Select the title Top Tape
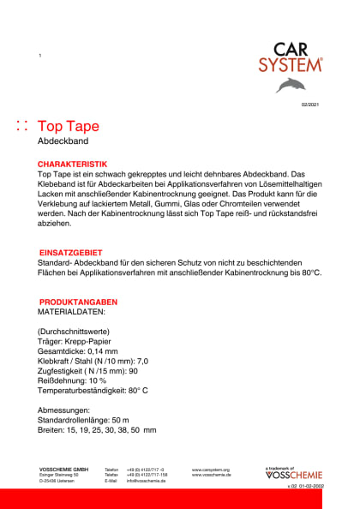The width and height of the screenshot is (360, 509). pyautogui.click(x=69, y=126)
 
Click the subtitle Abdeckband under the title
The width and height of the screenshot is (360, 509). pyautogui.click(x=63, y=141)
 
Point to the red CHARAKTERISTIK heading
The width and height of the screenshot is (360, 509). pyautogui.click(x=72, y=163)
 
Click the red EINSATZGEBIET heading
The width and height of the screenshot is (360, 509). pyautogui.click(x=72, y=254)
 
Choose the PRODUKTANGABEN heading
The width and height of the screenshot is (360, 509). pyautogui.click(x=78, y=302)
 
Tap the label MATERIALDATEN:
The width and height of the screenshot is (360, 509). pyautogui.click(x=71, y=313)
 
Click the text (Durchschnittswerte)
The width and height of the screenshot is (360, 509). pyautogui.click(x=75, y=332)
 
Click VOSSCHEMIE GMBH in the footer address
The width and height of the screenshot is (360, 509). pyautogui.click(x=63, y=470)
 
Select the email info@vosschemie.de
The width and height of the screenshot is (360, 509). pyautogui.click(x=146, y=481)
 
